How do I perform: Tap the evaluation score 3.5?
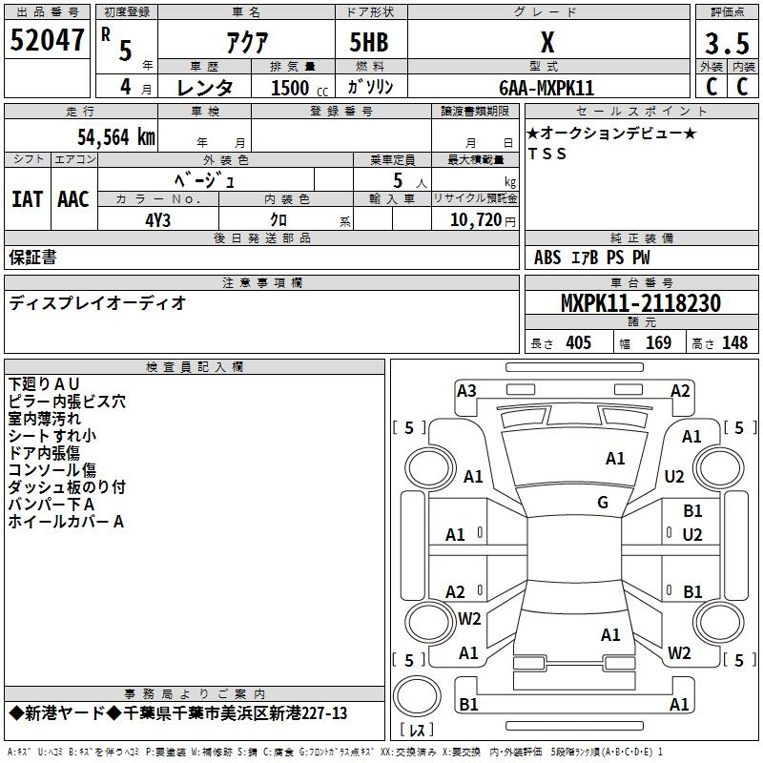click(x=727, y=44)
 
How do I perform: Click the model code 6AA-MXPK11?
click(x=546, y=88)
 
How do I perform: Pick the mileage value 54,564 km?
click(x=113, y=136)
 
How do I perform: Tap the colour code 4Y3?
click(x=158, y=217)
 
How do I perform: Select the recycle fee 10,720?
click(x=477, y=219)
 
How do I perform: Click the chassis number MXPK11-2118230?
click(x=640, y=303)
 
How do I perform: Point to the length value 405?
click(x=577, y=342)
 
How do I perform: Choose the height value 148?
click(x=734, y=342)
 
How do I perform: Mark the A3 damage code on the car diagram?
click(x=466, y=390)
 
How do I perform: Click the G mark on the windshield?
click(x=602, y=503)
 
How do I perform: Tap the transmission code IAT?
click(x=27, y=199)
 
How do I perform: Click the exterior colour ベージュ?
click(x=204, y=178)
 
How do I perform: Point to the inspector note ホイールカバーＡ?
click(x=66, y=522)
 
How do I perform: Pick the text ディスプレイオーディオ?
click(x=97, y=303)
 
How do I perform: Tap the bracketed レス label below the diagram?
click(x=417, y=731)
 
